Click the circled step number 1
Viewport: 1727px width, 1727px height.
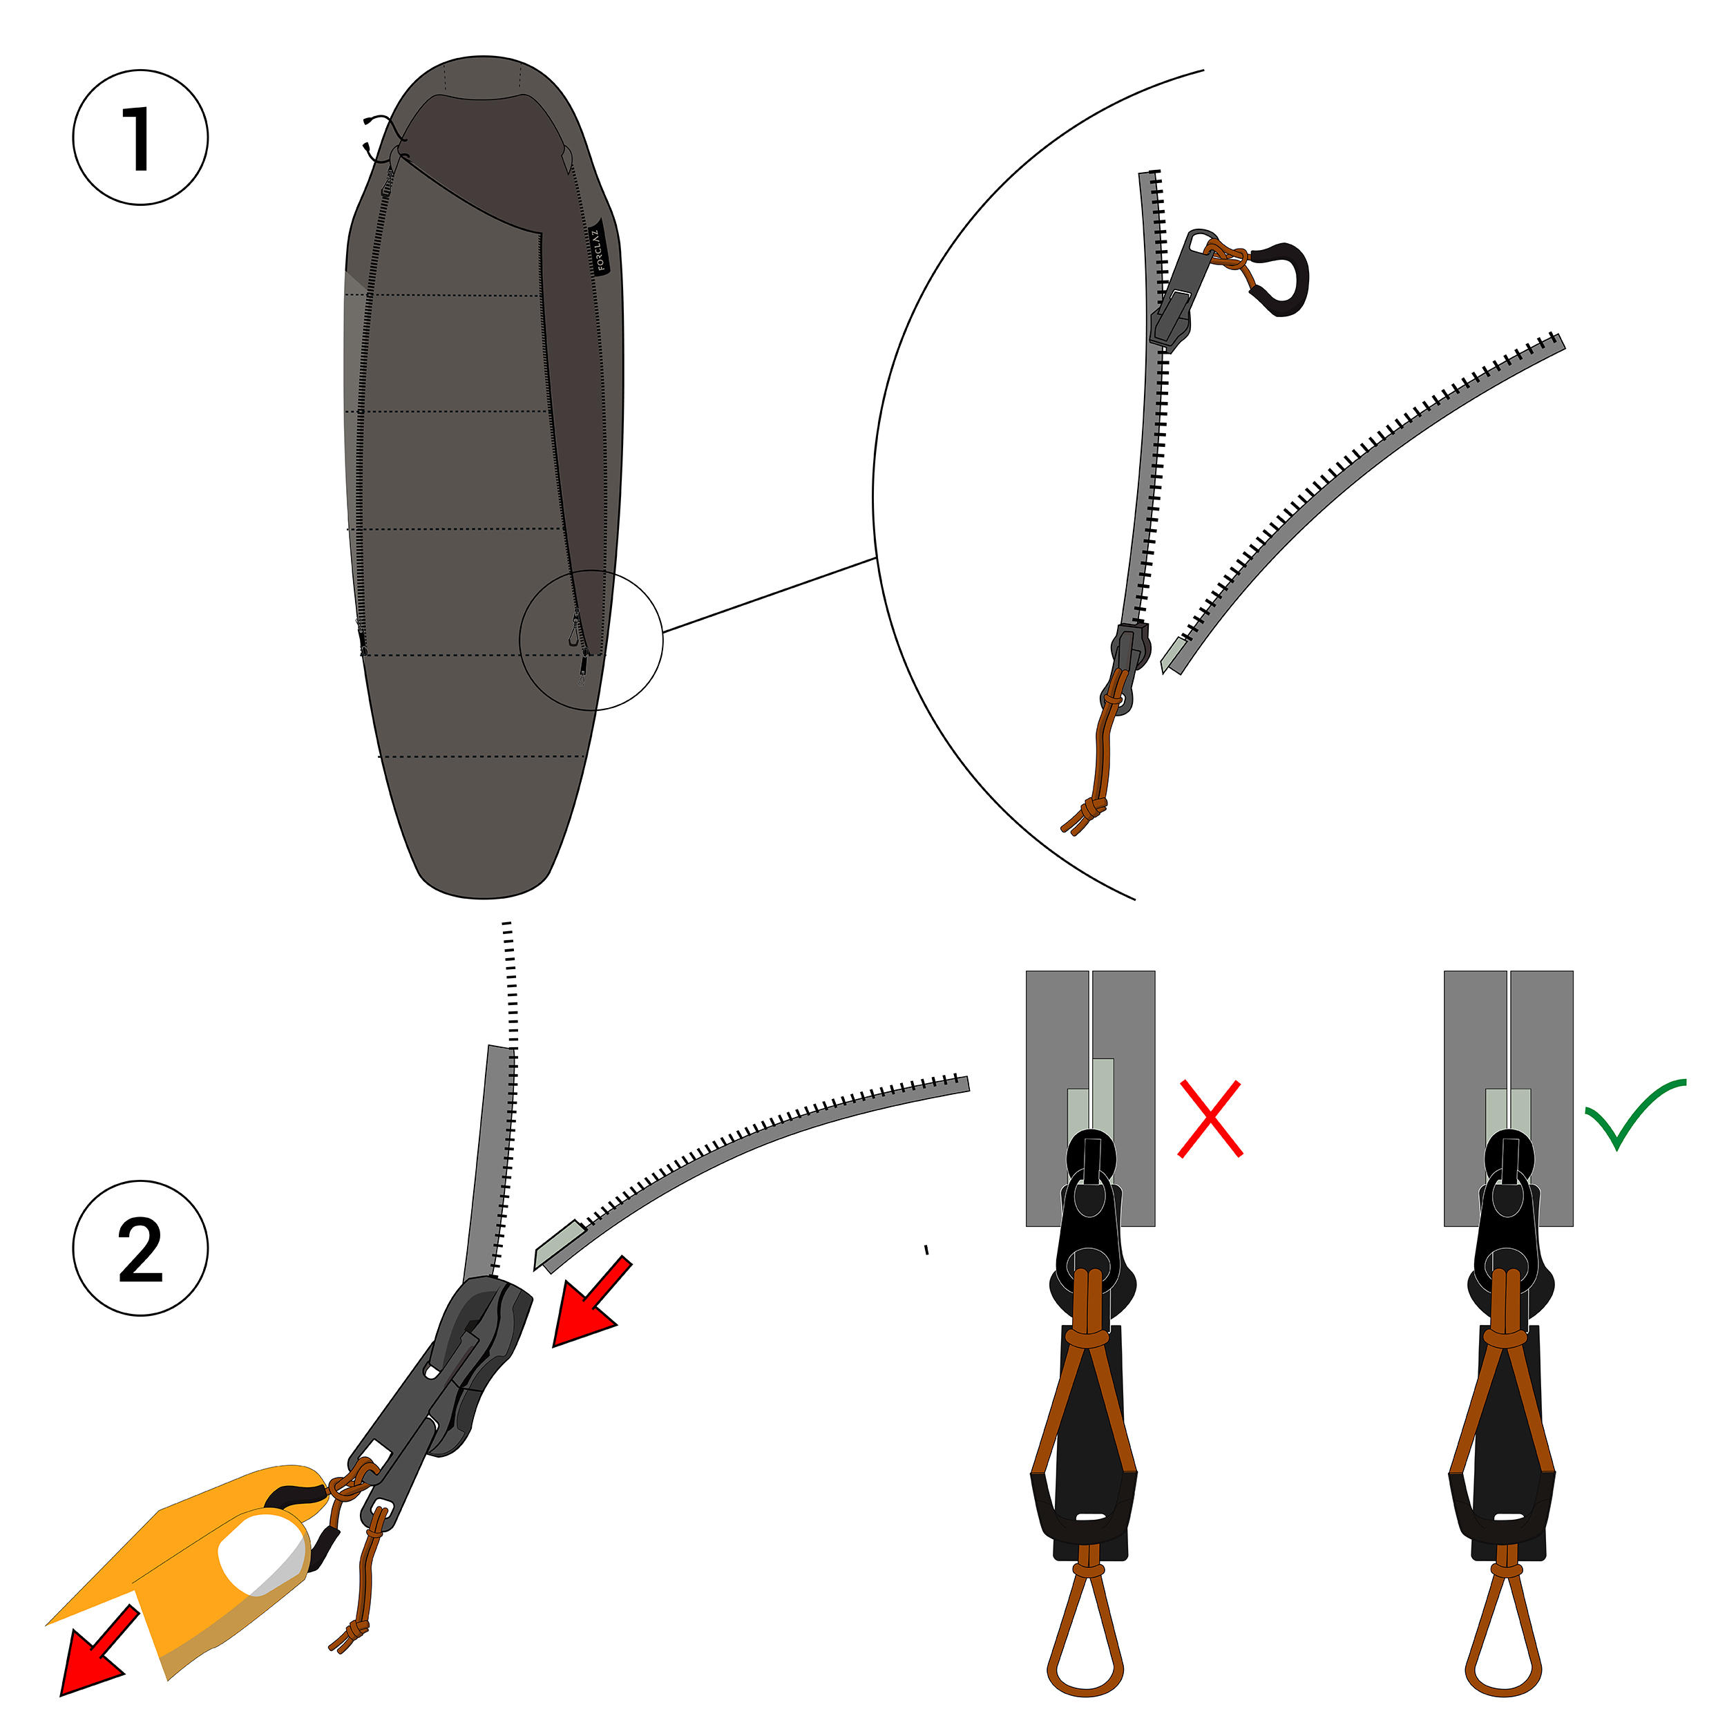pyautogui.click(x=140, y=137)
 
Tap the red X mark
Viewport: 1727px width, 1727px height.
pyautogui.click(x=1210, y=1119)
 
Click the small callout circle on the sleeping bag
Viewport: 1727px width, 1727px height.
pyautogui.click(x=591, y=640)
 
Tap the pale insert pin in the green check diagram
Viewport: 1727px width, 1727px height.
pyautogui.click(x=1508, y=1111)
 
